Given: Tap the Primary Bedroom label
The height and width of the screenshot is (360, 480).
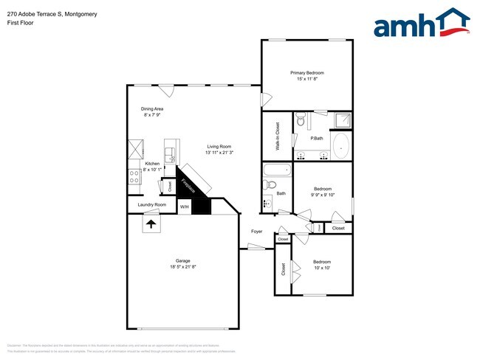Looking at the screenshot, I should [x=306, y=73].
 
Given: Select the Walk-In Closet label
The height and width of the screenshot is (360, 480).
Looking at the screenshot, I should [x=278, y=136].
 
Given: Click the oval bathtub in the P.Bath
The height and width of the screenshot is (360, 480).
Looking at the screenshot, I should [x=341, y=146].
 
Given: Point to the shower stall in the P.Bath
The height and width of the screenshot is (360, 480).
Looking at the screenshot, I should [x=341, y=120].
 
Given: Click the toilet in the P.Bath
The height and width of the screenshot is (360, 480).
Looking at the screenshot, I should [x=301, y=120].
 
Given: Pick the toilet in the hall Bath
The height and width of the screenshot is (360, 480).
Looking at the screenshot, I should [x=267, y=202].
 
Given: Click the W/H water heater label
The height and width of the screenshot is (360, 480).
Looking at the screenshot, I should [x=185, y=207].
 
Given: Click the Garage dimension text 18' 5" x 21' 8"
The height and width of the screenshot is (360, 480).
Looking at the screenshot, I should [x=182, y=266].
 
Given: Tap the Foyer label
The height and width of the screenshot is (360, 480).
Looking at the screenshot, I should [x=256, y=232].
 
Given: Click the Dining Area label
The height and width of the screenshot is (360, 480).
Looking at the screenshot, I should [x=153, y=108].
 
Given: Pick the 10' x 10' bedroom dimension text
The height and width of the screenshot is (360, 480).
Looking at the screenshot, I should [x=321, y=268].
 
